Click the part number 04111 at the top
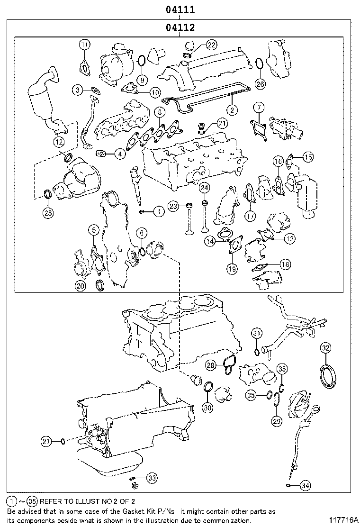180,9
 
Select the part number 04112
180,28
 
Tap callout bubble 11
84,45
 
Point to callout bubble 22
211,45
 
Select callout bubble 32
325,348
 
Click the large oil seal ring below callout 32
326,376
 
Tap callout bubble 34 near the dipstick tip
306,485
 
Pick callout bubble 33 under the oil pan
151,478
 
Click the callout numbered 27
45,441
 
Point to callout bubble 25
48,213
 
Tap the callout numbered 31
256,333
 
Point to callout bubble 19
232,269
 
